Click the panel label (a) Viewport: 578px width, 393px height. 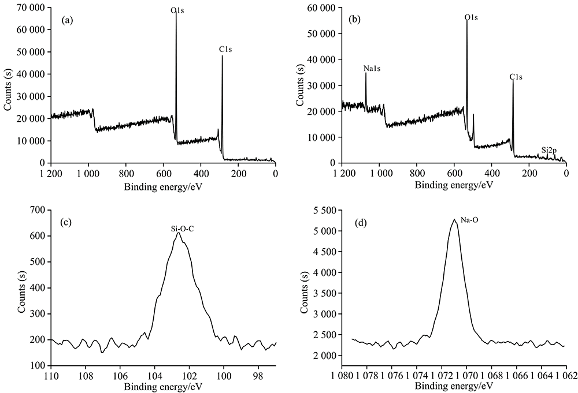click(67, 21)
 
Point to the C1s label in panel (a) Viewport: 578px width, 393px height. click(225, 50)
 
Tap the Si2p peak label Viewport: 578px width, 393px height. click(549, 150)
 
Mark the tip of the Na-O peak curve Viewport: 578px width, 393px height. click(454, 219)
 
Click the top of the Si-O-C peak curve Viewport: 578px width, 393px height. click(179, 233)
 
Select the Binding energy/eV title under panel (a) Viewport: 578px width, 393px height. click(163, 187)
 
